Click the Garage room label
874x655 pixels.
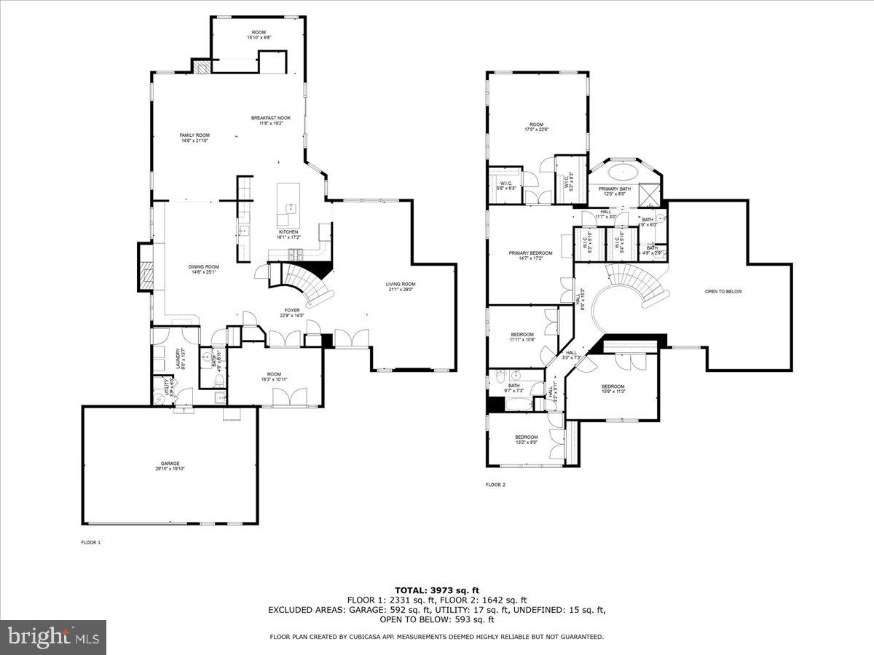tap(170, 466)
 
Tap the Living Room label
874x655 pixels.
tap(401, 286)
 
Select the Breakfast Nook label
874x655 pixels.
tap(271, 120)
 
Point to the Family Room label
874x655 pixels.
tap(194, 138)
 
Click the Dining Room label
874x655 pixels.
tap(205, 269)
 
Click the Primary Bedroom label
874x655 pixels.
tap(530, 255)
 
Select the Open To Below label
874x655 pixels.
tap(723, 291)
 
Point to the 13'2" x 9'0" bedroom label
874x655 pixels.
tap(526, 439)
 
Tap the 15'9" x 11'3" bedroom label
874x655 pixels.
tap(613, 389)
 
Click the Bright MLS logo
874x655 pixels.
tap(52, 637)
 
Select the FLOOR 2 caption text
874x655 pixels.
tap(495, 484)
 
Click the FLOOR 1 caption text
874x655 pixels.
tap(90, 542)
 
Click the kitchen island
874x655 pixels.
tap(289, 206)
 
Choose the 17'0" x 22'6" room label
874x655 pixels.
tap(537, 127)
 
